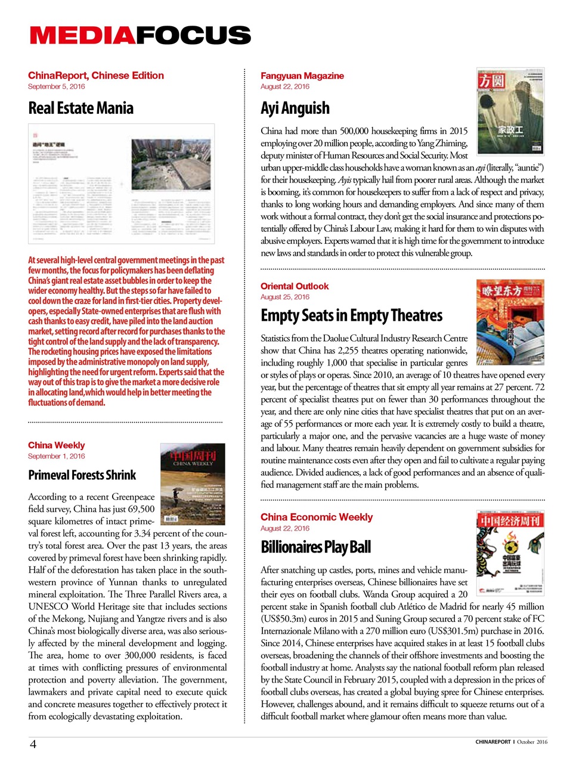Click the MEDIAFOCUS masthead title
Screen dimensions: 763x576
pyautogui.click(x=140, y=35)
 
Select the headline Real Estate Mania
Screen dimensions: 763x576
pyautogui.click(x=80, y=108)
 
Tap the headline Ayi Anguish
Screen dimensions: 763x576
pyautogui.click(x=295, y=108)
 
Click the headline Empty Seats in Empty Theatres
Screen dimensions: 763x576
pyautogui.click(x=351, y=315)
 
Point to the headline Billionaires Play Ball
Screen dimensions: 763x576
pyautogui.click(x=315, y=547)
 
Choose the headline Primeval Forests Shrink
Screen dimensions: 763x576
pyautogui.click(x=82, y=475)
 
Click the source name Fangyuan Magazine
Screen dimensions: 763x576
pyautogui.click(x=302, y=76)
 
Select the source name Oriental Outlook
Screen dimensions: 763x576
pyautogui.click(x=294, y=286)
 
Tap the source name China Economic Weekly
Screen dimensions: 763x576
pyautogui.click(x=316, y=517)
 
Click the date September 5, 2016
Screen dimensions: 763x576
pyautogui.click(x=56, y=86)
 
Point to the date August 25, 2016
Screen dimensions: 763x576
pyautogui.click(x=284, y=297)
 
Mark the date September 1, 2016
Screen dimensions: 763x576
pyautogui.click(x=56, y=456)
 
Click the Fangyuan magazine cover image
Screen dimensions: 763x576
pyautogui.click(x=510, y=111)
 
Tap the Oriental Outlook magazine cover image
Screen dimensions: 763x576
pyautogui.click(x=510, y=322)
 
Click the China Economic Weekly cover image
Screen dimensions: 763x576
pyautogui.click(x=510, y=553)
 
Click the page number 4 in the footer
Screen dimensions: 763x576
pyautogui.click(x=33, y=744)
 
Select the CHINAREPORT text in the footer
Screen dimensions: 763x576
pyautogui.click(x=493, y=742)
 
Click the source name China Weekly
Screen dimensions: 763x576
pyautogui.click(x=56, y=445)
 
